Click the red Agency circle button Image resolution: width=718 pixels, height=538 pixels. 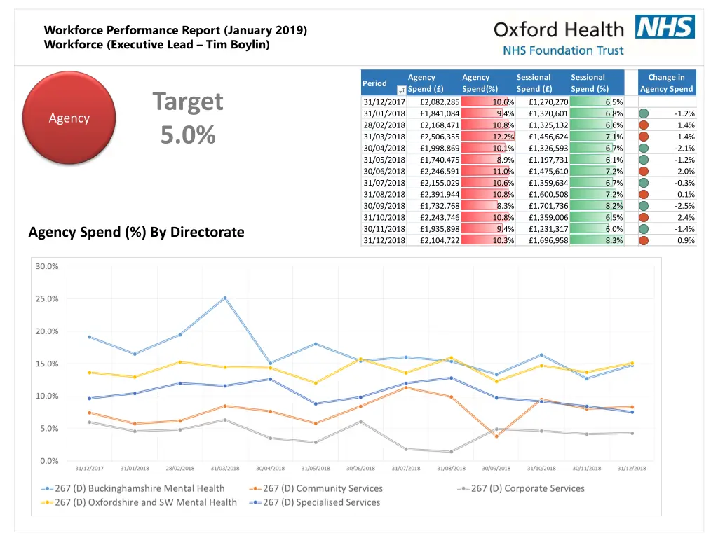69,118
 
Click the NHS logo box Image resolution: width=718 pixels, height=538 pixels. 665,27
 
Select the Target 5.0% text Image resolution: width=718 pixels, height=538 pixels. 188,118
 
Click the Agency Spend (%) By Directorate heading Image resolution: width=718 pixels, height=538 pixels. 136,232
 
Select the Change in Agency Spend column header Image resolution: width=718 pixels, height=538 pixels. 666,83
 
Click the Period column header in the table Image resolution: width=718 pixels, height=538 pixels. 374,83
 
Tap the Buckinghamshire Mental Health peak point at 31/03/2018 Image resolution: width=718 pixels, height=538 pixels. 225,298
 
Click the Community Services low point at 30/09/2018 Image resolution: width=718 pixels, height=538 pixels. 496,436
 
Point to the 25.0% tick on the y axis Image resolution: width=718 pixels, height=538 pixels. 48,298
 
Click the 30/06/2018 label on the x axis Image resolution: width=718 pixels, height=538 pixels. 360,468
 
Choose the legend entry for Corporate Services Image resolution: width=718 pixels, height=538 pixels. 527,488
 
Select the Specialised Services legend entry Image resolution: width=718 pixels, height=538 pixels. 321,502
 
